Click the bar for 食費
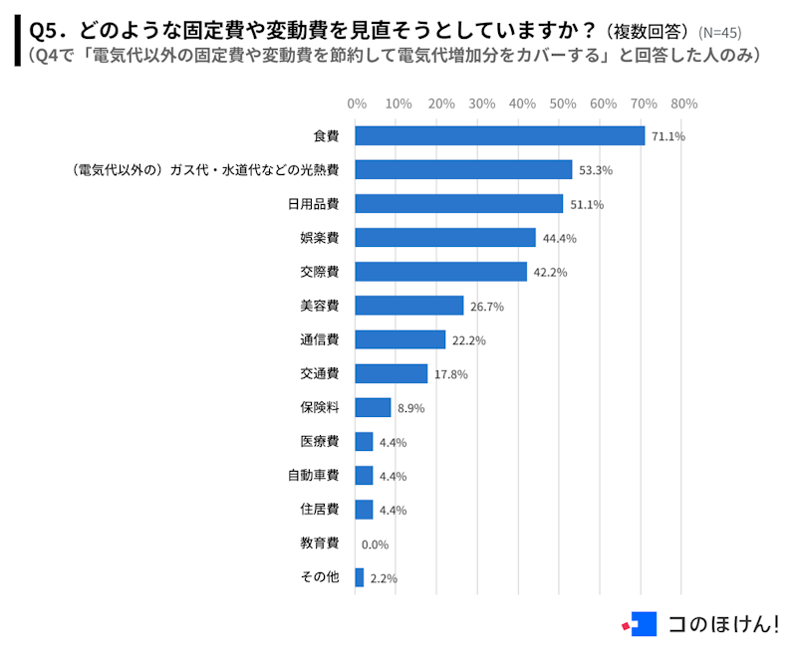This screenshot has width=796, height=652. pos(500,136)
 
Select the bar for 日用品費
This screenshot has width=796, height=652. pos(459,204)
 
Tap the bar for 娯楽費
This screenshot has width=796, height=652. pos(445,238)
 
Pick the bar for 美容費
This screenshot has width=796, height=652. pos(409,306)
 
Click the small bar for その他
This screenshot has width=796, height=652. pos(360,577)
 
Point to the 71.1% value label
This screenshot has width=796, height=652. pos(668,136)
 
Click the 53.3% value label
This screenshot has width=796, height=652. pos(596,170)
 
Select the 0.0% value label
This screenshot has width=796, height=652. pos(375,544)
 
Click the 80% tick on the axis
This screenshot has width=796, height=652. pos(683,104)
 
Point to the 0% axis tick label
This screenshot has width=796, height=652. pos(357,104)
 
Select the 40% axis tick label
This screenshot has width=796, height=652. pos(520,104)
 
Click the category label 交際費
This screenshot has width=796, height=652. pos(320,272)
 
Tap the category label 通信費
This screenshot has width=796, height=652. pos(320,339)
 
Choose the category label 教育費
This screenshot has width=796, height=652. pos(320,543)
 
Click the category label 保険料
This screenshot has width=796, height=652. pos(320,407)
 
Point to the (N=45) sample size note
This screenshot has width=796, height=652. pos(719,32)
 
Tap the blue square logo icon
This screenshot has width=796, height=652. pos(644,624)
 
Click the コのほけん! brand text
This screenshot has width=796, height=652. pos(723,624)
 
